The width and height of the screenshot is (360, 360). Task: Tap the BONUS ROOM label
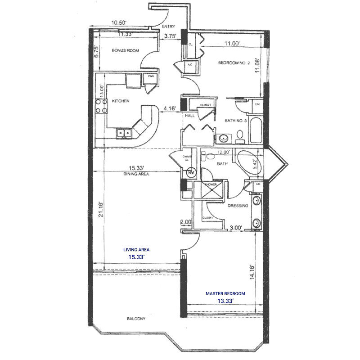125,51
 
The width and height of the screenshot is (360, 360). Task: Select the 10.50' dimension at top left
119,22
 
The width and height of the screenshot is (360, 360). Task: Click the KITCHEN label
120,101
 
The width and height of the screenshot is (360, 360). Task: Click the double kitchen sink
123,132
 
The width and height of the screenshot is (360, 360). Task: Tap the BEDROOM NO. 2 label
234,63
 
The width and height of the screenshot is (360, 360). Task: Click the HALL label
189,115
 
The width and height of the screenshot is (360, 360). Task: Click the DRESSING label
238,206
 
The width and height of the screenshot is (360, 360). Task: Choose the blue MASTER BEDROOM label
225,293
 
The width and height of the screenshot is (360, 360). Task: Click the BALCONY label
136,319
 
